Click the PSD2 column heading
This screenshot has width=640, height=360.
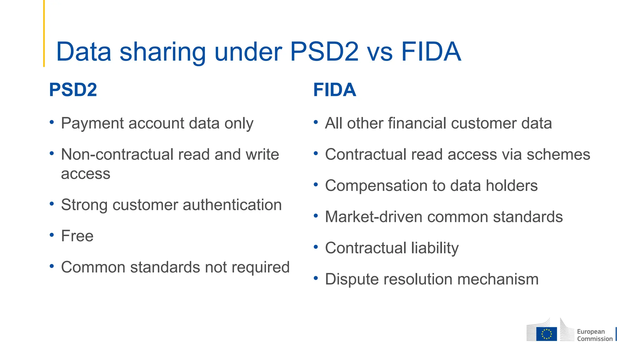[73, 90]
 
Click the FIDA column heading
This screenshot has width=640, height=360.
[334, 90]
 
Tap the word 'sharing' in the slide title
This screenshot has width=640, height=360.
[162, 52]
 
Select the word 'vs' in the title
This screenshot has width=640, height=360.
[380, 52]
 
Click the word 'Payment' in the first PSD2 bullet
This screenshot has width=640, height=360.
[92, 123]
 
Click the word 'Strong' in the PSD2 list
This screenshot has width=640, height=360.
[84, 205]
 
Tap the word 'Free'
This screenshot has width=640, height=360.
[77, 236]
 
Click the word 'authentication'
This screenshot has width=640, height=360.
[232, 205]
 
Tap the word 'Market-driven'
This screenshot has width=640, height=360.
[374, 217]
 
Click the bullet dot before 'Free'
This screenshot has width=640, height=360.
[52, 235]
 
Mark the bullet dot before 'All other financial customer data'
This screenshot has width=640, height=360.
[316, 122]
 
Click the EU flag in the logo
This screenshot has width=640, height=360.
[546, 334]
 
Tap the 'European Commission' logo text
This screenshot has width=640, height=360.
[594, 335]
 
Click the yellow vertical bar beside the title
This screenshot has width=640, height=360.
[44, 33]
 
